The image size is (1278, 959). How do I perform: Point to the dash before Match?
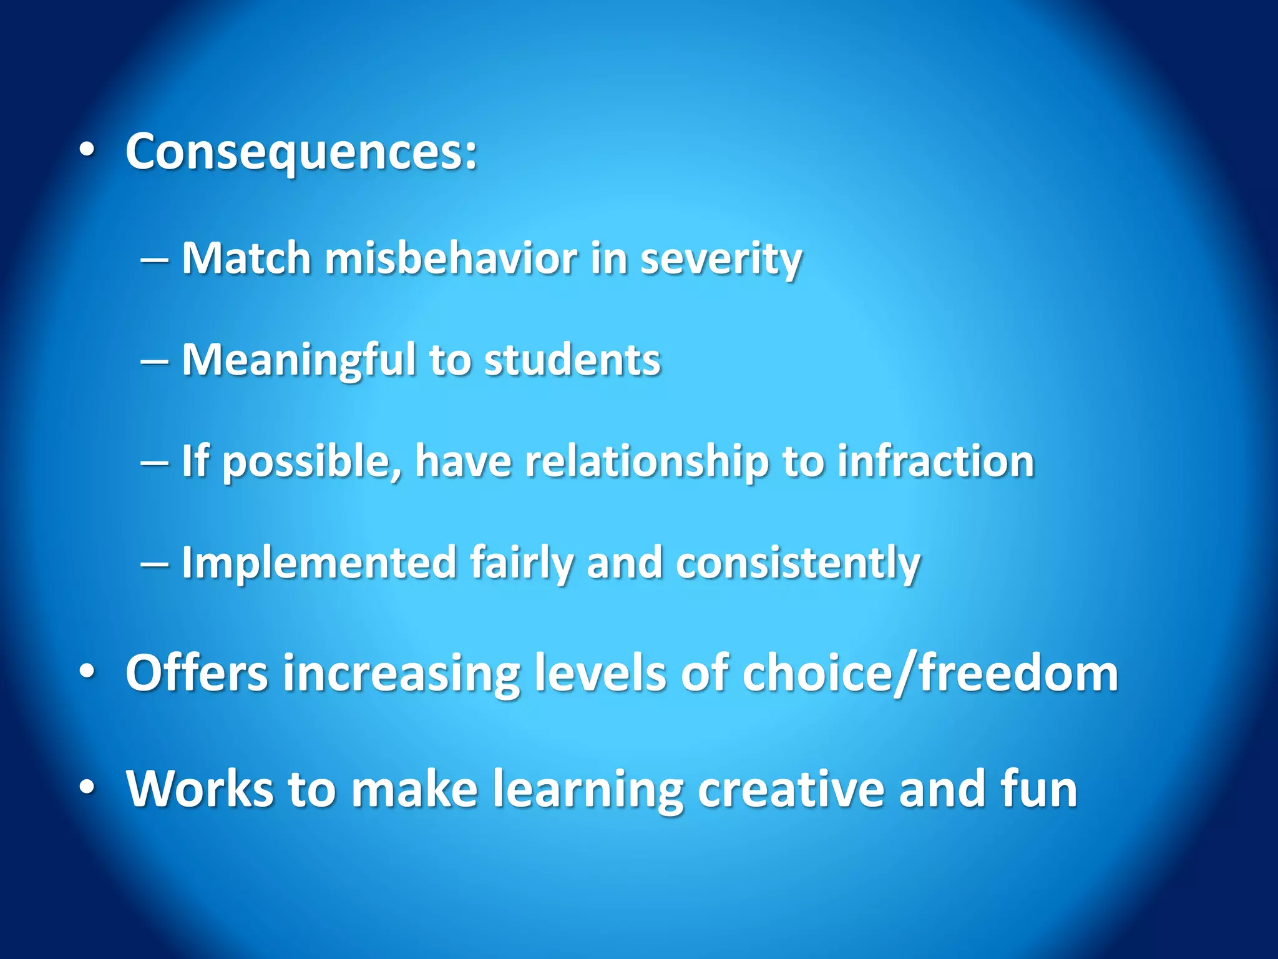click(x=154, y=260)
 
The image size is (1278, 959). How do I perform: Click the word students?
click(x=572, y=360)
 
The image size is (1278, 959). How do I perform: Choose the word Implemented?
click(x=319, y=563)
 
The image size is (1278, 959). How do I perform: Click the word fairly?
click(x=521, y=563)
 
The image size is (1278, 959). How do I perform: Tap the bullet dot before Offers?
click(x=87, y=672)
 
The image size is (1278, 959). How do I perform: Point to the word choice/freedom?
click(x=930, y=673)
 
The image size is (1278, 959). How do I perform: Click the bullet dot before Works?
click(x=87, y=788)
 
